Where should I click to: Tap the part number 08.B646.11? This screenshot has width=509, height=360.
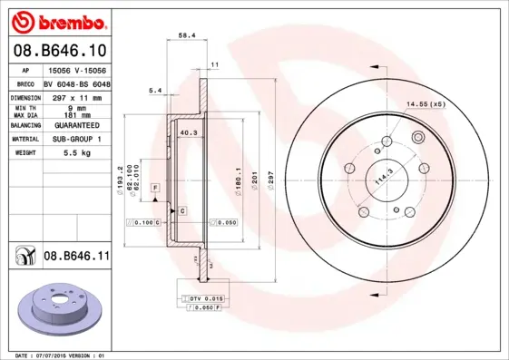tap(76, 258)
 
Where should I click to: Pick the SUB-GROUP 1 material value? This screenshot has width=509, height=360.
tap(76, 140)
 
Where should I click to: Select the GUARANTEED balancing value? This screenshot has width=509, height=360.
tap(76, 125)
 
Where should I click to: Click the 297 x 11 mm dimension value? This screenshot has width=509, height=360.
tap(76, 96)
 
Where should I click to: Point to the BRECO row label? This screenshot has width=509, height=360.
tap(26, 82)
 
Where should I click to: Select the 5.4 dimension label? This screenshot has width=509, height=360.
tap(154, 90)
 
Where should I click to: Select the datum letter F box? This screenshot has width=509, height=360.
tap(155, 186)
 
